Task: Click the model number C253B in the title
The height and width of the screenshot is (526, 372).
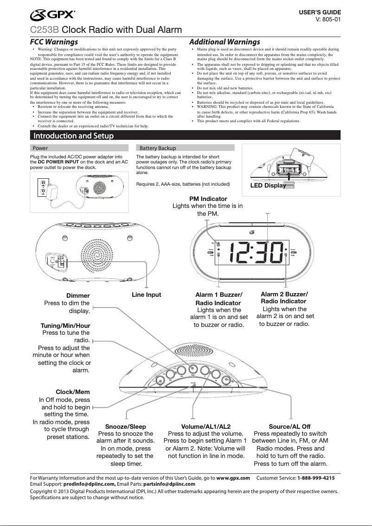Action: [45, 31]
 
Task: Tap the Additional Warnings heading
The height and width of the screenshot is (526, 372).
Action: [224, 42]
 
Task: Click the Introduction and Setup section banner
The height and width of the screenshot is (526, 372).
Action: [73, 136]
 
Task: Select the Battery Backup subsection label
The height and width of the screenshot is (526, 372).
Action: [158, 148]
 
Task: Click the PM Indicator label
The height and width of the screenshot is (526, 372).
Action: [208, 199]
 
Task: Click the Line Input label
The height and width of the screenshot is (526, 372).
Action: [147, 294]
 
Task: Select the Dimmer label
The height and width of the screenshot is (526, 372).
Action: [78, 295]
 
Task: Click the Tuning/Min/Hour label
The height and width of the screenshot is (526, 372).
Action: [65, 326]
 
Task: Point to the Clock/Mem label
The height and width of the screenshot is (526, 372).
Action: [73, 392]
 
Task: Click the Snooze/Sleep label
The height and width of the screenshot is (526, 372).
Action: [126, 426]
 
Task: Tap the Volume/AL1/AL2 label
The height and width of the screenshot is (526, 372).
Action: [205, 426]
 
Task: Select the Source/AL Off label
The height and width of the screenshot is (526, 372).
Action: [289, 426]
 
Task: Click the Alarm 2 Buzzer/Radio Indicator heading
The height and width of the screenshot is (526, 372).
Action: [284, 298]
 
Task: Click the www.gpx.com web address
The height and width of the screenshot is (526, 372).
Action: [233, 477]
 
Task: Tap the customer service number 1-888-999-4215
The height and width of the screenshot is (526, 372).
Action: [316, 477]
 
